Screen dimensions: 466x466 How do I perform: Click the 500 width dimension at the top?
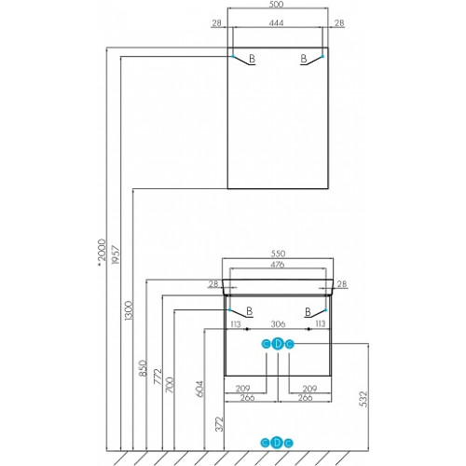[276, 5]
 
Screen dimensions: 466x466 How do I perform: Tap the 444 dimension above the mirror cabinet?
[276, 23]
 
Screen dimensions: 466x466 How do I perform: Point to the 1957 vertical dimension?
[116, 254]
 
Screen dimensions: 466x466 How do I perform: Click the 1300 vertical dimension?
[129, 310]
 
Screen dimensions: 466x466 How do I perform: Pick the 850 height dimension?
[143, 368]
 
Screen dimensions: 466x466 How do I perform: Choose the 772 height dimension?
[158, 377]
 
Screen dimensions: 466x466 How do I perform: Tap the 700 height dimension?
[170, 385]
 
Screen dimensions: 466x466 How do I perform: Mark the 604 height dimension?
[199, 389]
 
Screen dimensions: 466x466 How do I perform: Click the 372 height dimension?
[219, 424]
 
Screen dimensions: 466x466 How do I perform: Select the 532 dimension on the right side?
[363, 399]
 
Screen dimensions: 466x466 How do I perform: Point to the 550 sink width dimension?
[278, 254]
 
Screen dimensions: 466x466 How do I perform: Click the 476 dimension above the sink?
[278, 265]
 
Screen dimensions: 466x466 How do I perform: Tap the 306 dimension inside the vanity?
[278, 324]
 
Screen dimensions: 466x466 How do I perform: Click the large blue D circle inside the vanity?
[278, 344]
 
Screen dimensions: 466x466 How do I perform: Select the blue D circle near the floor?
[277, 443]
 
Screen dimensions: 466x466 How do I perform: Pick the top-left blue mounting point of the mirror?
[233, 56]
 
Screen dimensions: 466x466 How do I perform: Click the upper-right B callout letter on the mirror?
[304, 59]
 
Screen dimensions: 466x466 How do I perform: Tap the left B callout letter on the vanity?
[249, 311]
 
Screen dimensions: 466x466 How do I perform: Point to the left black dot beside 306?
[247, 329]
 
